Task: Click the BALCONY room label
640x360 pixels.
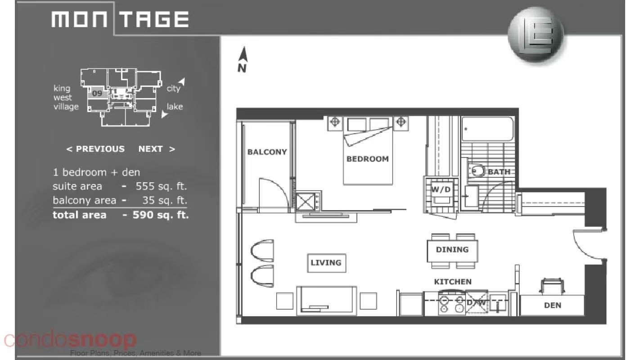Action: (267, 152)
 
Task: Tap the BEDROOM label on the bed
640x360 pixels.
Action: (367, 159)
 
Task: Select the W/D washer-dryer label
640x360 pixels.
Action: (441, 189)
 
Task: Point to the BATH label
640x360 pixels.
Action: (499, 172)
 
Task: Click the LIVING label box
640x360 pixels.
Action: (326, 263)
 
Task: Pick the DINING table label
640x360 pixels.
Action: (452, 250)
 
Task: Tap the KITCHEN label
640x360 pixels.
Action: (453, 282)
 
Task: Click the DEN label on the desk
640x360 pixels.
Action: (553, 306)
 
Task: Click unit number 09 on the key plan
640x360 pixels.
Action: (97, 94)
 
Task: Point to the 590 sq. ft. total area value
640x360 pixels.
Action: (161, 215)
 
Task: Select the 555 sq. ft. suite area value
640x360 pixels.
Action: (161, 186)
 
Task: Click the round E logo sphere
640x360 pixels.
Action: (536, 35)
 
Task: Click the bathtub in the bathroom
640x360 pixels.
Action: (487, 129)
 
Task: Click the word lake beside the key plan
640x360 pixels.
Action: (175, 107)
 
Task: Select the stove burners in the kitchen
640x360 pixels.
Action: (452, 304)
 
